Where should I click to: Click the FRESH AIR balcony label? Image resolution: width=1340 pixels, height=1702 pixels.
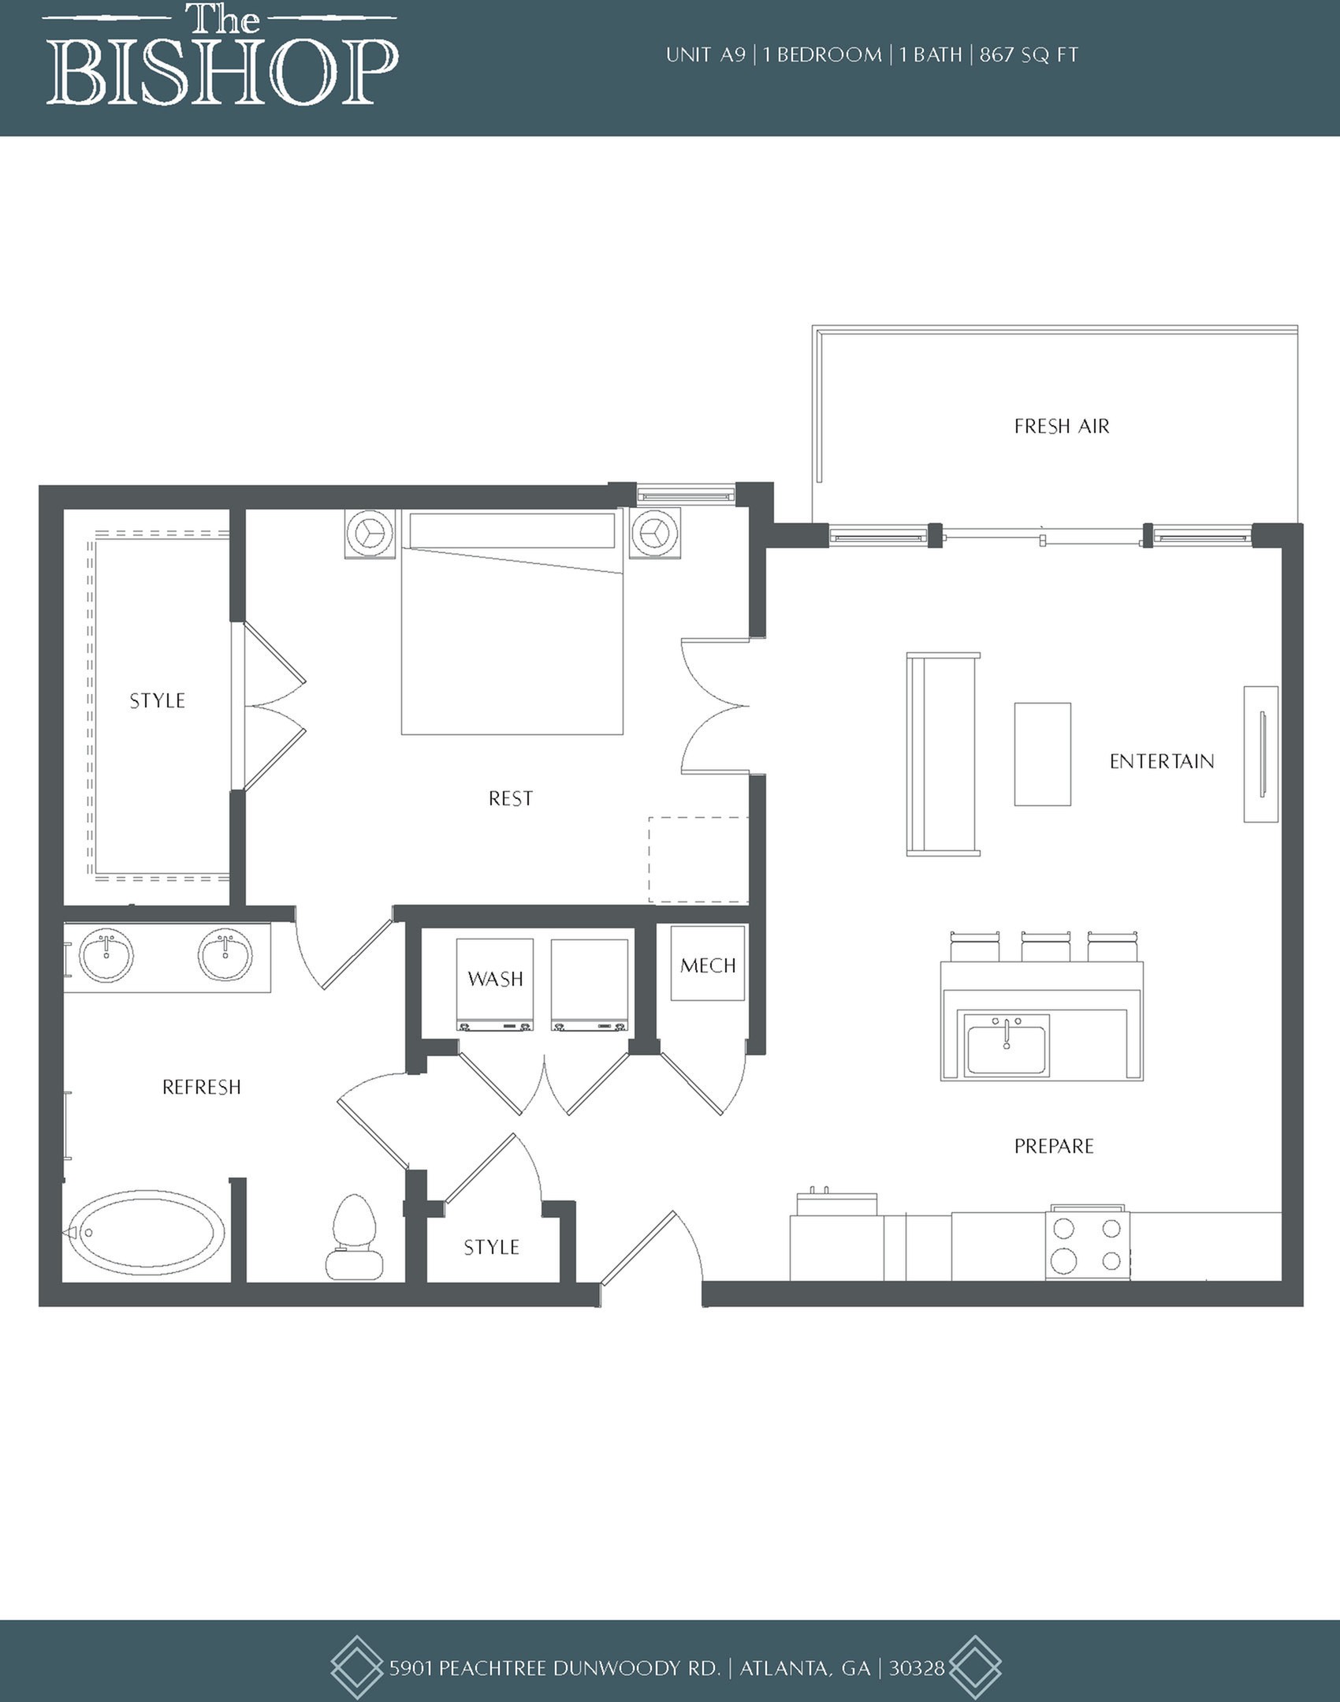1061,427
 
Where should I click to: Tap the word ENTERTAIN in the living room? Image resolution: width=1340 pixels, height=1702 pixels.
1161,761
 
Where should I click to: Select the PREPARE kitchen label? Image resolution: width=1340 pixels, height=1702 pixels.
1054,1146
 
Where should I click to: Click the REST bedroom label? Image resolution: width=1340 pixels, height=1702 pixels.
511,799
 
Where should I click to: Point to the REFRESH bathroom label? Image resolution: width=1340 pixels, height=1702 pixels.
201,1088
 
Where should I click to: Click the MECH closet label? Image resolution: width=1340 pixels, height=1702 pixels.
708,965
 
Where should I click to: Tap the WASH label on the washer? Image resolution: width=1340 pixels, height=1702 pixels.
495,980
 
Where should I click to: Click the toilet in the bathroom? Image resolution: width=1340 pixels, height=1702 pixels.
354,1237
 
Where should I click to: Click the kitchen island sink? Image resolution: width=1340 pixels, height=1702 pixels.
1007,1044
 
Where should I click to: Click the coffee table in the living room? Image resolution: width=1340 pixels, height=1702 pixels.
1042,754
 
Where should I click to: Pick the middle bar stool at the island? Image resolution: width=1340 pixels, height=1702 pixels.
1045,946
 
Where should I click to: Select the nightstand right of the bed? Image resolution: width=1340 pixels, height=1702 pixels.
654,534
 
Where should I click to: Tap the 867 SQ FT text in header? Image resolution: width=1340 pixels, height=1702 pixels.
1029,55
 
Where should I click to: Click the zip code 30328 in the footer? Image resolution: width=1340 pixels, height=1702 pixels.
917,1668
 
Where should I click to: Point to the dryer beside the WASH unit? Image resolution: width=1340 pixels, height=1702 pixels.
590,985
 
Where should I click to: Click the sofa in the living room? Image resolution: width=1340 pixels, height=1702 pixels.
943,754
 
